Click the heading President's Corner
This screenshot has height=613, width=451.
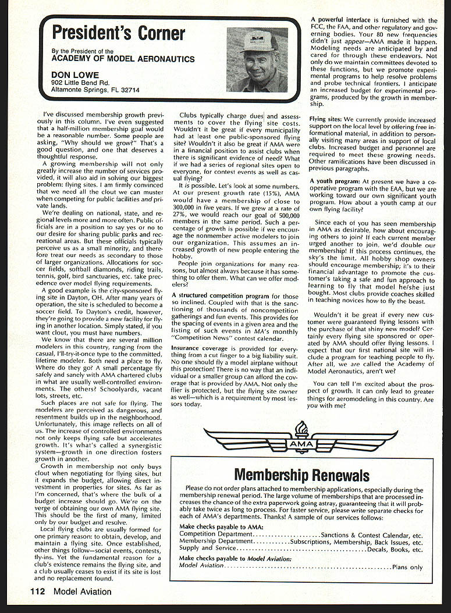(118, 33)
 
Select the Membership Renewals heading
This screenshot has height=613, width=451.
(301, 475)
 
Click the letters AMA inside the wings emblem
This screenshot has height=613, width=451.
(301, 444)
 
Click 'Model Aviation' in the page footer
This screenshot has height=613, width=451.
(82, 592)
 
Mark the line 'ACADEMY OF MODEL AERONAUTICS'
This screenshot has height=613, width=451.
(123, 59)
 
